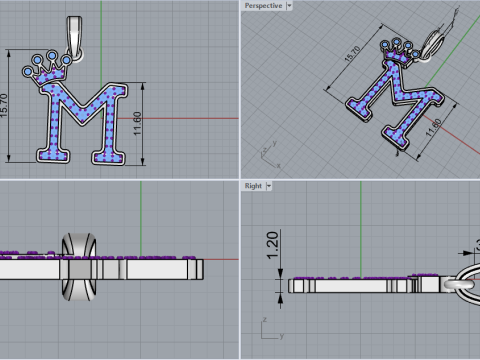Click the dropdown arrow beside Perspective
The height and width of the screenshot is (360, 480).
(290, 5)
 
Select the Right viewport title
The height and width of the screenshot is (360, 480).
(253, 186)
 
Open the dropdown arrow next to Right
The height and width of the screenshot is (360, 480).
(270, 186)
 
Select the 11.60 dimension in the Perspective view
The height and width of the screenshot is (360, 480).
(433, 131)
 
